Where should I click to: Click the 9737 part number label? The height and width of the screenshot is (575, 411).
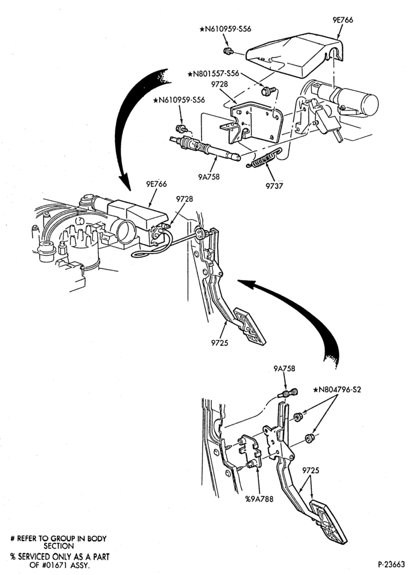[x=274, y=186]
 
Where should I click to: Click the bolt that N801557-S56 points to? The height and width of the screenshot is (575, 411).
[x=267, y=91]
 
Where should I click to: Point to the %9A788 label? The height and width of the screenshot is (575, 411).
[x=259, y=499]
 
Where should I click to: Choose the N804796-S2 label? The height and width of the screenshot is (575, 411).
[x=337, y=389]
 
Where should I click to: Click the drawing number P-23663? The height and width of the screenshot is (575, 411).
[x=391, y=564]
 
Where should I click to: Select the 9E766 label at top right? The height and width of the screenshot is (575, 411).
[x=343, y=20]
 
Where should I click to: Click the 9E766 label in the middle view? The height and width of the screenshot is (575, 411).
[x=156, y=184]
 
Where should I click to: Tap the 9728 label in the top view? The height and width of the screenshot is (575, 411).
[x=220, y=85]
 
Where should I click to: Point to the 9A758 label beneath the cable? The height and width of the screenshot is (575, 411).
[x=209, y=177]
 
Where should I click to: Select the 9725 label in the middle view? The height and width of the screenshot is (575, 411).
[x=220, y=343]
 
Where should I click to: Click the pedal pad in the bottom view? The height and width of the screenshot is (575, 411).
[x=328, y=521]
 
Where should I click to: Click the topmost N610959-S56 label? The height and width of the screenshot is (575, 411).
[x=226, y=29]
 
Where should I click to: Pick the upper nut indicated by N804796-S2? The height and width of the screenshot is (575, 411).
[x=297, y=417]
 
